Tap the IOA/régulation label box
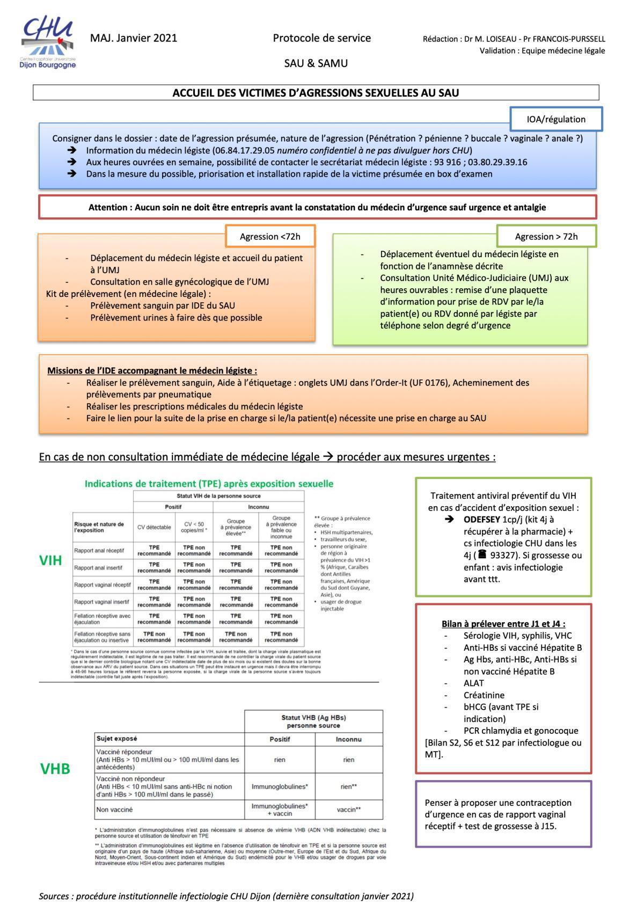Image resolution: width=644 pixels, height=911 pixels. tap(555, 119)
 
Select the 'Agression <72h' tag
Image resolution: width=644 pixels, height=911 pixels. tap(270, 236)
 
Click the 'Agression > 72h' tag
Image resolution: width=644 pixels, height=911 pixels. tap(546, 236)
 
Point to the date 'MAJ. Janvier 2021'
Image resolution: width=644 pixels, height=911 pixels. tap(134, 38)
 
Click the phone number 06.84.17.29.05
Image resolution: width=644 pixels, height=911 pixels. tap(244, 150)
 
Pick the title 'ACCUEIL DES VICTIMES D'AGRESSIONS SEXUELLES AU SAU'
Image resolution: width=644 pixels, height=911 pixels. tap(316, 93)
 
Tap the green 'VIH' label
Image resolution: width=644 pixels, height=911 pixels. tap(51, 561)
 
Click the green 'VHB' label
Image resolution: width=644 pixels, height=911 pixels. tap(55, 769)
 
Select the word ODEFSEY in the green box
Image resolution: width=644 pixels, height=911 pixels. tap(481, 520)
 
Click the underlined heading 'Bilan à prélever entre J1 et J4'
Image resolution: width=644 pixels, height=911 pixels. tap(503, 624)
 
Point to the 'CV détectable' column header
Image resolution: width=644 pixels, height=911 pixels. tap(154, 527)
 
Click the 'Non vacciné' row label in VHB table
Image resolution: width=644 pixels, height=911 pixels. tap(114, 810)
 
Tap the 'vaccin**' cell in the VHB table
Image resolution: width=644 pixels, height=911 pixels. tap(348, 810)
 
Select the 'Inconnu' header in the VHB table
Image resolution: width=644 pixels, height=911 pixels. tap(348, 739)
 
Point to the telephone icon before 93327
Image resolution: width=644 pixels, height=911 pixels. tap(482, 554)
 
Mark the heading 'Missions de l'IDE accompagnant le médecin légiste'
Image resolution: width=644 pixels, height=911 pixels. tap(152, 370)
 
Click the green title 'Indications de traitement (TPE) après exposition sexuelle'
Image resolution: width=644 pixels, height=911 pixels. tap(209, 484)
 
